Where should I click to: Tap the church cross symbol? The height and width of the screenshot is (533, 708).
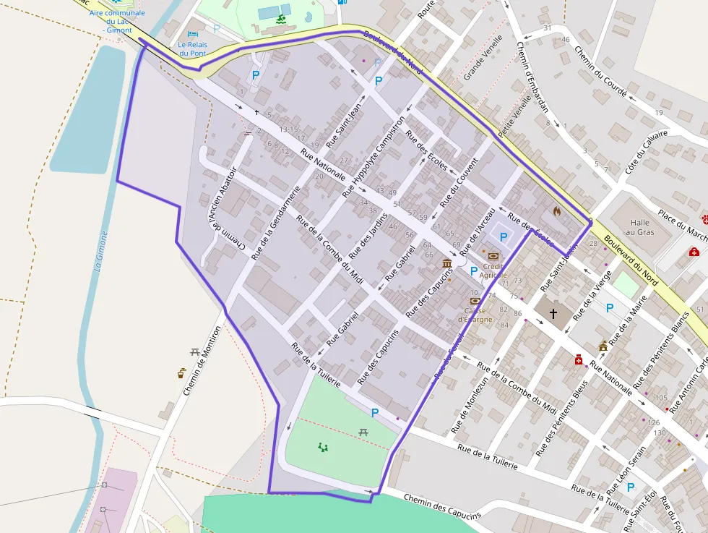point(553,313)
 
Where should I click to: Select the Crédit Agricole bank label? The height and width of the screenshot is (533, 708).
point(494,270)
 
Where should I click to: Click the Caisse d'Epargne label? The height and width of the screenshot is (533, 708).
point(475,315)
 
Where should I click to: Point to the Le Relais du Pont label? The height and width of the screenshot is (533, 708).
point(192,48)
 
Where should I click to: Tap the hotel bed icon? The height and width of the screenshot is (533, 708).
point(192,34)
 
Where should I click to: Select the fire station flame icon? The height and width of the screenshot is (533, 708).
point(556,211)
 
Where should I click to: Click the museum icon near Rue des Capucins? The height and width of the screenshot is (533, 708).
point(447,263)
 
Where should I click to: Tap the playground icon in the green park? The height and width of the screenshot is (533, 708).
point(323,447)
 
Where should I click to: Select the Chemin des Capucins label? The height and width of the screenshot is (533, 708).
point(441,507)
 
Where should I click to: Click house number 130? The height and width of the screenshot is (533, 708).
point(660,432)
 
